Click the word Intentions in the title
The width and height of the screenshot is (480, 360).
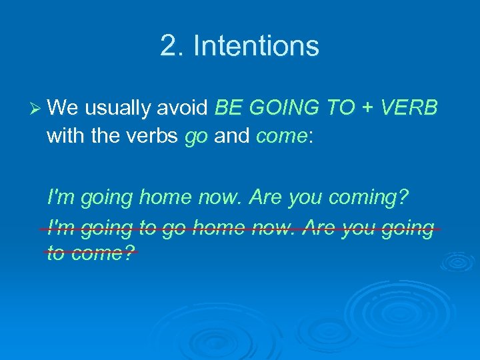[256, 46]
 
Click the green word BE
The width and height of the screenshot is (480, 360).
[228, 107]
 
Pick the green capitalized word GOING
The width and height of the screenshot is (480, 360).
[280, 107]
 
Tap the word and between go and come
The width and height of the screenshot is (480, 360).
[231, 136]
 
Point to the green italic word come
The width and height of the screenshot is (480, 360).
[280, 137]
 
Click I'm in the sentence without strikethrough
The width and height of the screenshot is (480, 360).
[61, 197]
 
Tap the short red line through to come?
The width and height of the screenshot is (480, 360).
[91, 252]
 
